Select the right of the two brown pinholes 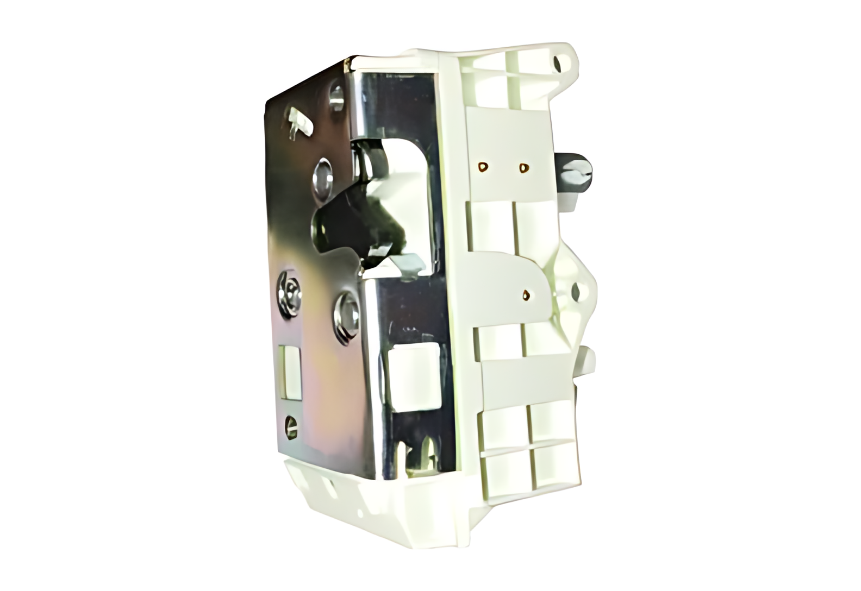523,168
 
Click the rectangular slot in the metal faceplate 289,370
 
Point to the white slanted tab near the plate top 298,122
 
